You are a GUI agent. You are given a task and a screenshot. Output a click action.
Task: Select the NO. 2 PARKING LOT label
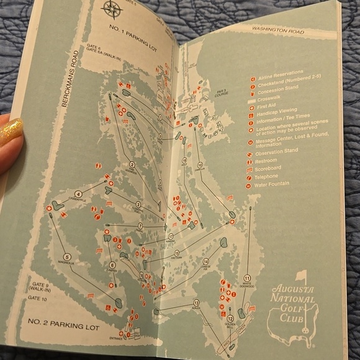[x=63, y=325]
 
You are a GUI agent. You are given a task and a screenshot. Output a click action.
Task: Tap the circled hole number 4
[x=79, y=194]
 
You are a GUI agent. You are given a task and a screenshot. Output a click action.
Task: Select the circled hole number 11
[x=247, y=279]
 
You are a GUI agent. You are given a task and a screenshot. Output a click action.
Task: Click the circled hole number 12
[x=230, y=318]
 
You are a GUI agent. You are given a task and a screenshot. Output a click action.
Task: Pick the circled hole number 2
[x=132, y=164]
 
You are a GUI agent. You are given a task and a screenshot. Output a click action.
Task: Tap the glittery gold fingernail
[x=11, y=132]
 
